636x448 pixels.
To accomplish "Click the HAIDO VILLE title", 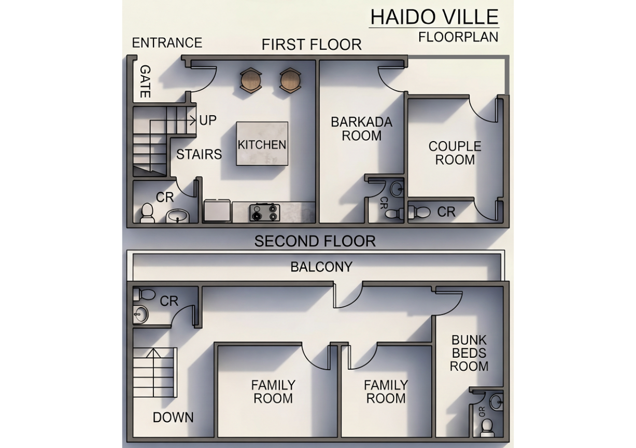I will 434,17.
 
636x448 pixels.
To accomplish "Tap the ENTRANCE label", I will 166,43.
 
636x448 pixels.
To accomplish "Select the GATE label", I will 145,81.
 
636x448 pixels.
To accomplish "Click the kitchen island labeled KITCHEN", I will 262,144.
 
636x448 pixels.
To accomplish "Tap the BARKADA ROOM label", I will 361,129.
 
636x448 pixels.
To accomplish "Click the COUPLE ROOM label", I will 455,153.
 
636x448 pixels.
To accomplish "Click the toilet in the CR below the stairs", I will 147,213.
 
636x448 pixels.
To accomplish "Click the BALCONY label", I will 321,267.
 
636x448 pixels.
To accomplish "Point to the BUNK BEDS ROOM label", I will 469,353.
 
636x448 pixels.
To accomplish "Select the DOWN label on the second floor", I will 173,417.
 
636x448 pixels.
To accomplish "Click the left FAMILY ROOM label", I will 273,391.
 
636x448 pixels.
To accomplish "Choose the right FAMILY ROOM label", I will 386,391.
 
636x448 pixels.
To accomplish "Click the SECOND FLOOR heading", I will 315,241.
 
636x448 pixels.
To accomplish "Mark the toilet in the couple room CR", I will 420,212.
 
